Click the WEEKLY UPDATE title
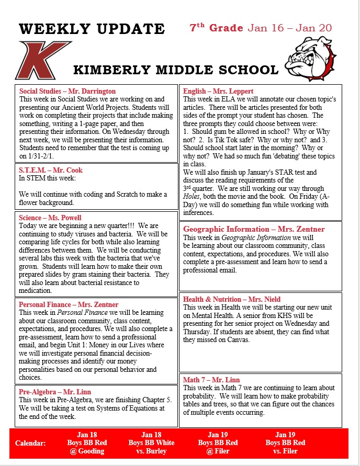coord(92,29)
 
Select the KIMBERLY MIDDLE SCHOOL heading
coord(176,70)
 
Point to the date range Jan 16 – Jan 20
coord(290,28)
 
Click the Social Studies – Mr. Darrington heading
coord(67,91)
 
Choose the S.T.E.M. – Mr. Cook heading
coord(51,170)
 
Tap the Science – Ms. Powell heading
coord(50,218)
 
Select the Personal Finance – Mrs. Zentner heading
coord(69,304)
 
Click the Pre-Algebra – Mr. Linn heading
coord(55,392)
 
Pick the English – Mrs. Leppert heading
coord(218,91)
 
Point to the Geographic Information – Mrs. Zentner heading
coord(254,229)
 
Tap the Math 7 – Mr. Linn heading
coord(212,380)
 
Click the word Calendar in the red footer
coord(30,443)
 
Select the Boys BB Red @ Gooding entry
coord(87,443)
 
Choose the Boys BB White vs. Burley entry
coord(151,443)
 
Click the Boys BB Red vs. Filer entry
coord(285,443)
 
